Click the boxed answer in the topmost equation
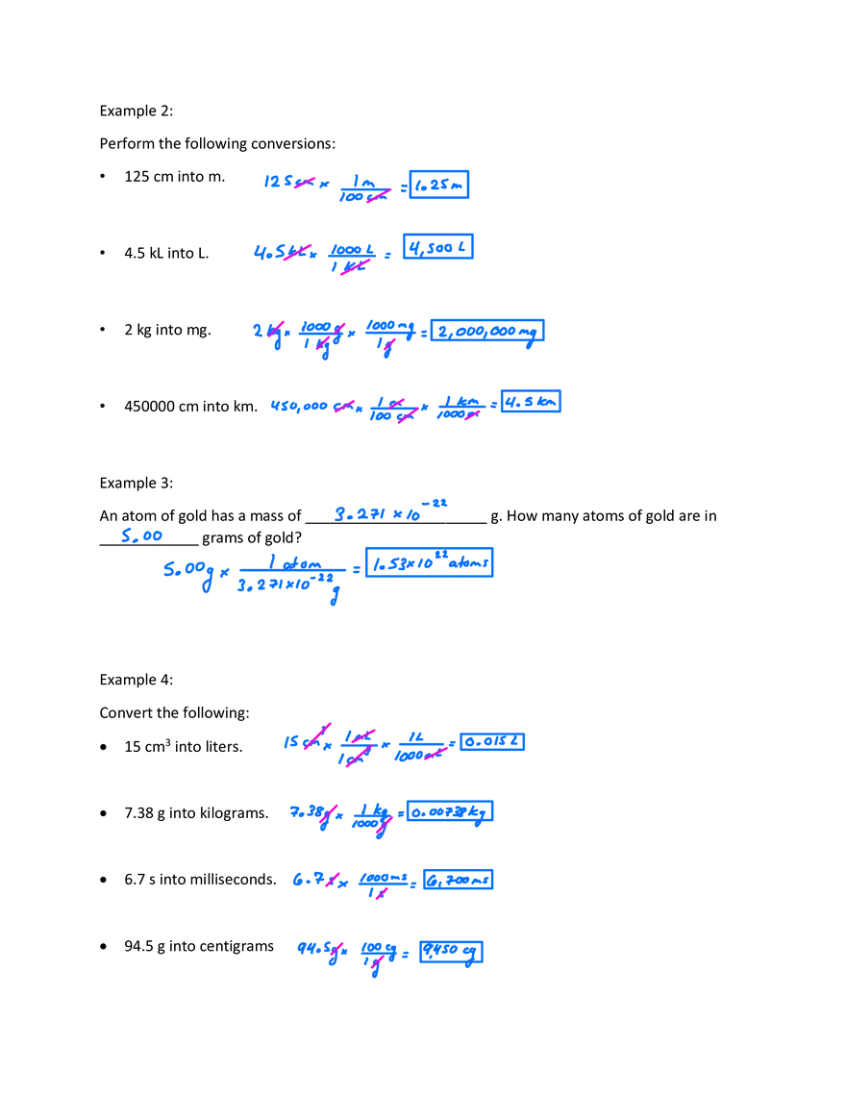pos(440,184)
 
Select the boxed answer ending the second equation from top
pos(437,246)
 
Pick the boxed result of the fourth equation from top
pos(534,400)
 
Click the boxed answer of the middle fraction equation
pos(430,562)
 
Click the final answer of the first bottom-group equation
pos(491,742)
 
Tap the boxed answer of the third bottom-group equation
pos(460,878)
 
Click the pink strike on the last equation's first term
pos(334,952)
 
